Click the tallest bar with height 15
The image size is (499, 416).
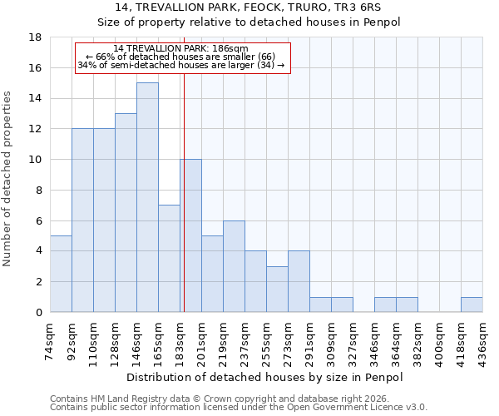[147, 197]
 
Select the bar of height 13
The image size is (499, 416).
[126, 213]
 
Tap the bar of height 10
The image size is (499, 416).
[190, 235]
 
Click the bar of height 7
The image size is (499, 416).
[169, 259]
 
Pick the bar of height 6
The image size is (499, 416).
[234, 266]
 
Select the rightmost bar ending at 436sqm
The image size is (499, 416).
[472, 305]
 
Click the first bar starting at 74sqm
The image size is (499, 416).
[61, 274]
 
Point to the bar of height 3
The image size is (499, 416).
[277, 289]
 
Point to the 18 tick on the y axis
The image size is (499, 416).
[36, 37]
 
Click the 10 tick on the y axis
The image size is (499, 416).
[36, 160]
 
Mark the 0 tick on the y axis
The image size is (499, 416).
[38, 312]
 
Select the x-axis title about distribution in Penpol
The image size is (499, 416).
[266, 378]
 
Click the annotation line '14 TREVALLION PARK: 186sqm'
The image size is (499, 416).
[180, 49]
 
